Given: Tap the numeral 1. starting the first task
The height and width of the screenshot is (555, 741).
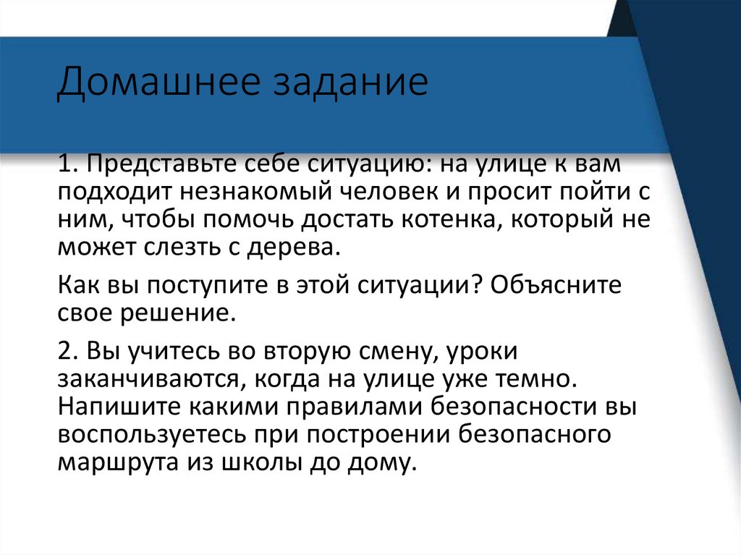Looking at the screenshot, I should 68,165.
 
